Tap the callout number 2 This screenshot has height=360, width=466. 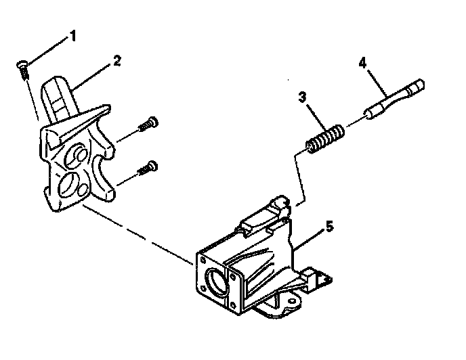pyautogui.click(x=117, y=60)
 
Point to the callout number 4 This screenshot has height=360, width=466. pyautogui.click(x=362, y=63)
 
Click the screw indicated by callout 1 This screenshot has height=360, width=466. pyautogui.click(x=23, y=68)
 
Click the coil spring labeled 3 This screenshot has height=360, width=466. pyautogui.click(x=324, y=139)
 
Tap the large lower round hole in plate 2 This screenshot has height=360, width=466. pyautogui.click(x=70, y=182)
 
